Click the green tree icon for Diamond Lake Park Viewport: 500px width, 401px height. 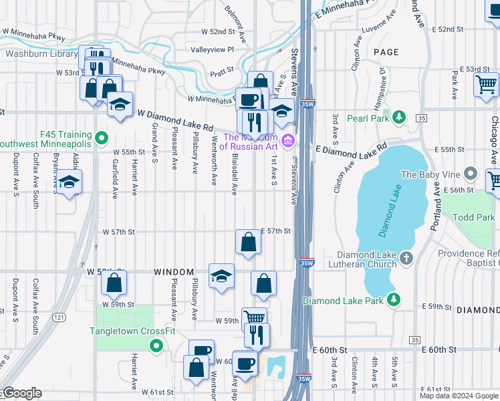click(x=395, y=300)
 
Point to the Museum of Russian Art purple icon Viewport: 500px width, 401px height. click(x=288, y=140)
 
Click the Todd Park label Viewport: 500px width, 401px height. click(x=474, y=218)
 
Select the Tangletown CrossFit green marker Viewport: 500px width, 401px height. click(x=156, y=346)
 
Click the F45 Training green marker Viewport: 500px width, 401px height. click(x=101, y=138)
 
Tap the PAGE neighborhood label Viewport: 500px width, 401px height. click(x=386, y=52)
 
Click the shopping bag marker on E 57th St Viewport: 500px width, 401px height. click(x=248, y=242)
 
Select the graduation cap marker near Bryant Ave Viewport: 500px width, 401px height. click(x=68, y=182)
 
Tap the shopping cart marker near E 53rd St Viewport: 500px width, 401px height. click(x=486, y=84)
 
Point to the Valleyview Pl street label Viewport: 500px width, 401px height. click(x=212, y=49)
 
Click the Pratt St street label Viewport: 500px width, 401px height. click(x=222, y=69)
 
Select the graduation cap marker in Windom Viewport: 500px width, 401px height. click(x=221, y=275)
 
